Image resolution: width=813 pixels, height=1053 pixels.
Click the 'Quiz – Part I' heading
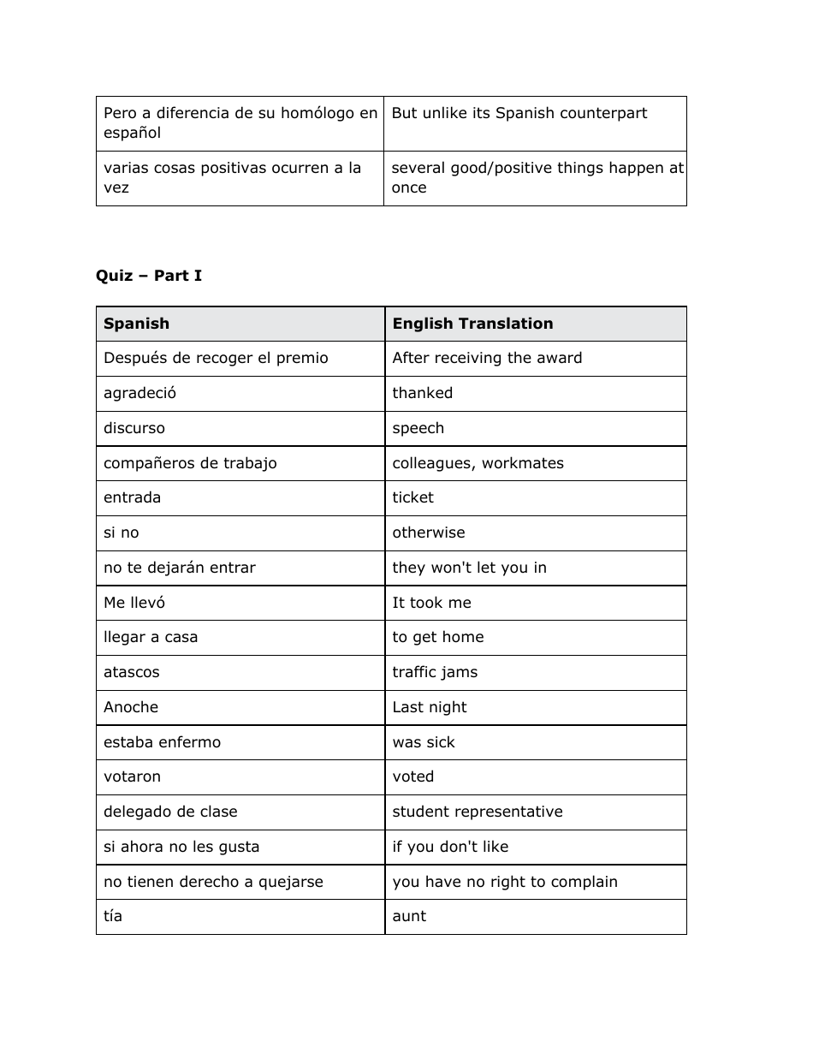tap(149, 276)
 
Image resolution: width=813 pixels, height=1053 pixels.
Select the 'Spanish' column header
tap(136, 324)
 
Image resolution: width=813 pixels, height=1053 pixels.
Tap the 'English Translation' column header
tap(472, 324)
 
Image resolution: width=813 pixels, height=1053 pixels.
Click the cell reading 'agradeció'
tap(139, 393)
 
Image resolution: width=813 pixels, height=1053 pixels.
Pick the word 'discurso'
tap(134, 428)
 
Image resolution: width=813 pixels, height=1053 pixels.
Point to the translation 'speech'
tap(418, 428)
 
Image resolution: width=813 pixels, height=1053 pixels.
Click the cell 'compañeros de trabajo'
tap(190, 463)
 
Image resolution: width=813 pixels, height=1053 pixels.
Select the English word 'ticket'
tap(412, 497)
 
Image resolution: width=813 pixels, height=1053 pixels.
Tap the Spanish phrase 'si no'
tap(121, 532)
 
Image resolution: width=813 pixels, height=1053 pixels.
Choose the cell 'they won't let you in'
tap(469, 568)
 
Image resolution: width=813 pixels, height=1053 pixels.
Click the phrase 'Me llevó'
tap(134, 603)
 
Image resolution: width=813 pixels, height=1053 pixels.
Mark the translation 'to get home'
tap(437, 637)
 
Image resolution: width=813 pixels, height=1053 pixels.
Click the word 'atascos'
tap(131, 672)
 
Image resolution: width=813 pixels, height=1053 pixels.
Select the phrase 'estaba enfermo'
tap(162, 742)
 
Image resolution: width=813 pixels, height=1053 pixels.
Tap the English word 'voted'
tap(412, 776)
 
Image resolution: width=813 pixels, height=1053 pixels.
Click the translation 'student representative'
tap(477, 812)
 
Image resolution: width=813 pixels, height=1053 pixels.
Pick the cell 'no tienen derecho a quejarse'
tap(213, 882)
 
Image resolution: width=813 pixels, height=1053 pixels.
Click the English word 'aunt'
tap(408, 916)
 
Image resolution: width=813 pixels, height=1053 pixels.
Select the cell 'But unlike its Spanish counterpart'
tap(519, 114)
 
